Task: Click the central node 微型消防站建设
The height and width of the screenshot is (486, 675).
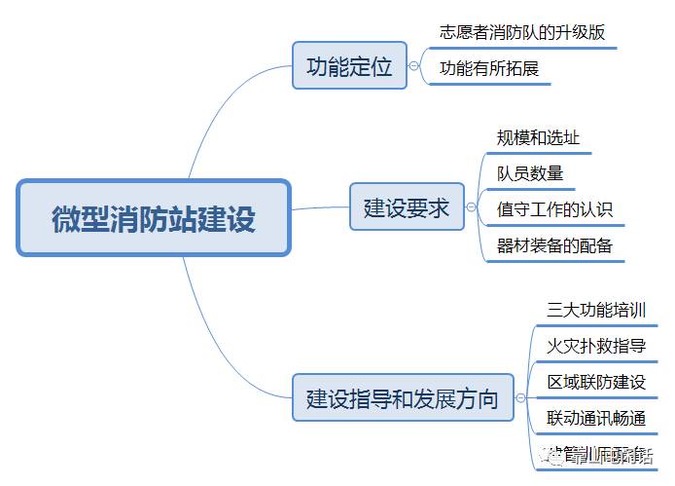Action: (154, 217)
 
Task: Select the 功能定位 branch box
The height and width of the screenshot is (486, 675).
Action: (349, 66)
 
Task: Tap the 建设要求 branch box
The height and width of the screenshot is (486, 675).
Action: (407, 206)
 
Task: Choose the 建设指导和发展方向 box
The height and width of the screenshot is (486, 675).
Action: (403, 397)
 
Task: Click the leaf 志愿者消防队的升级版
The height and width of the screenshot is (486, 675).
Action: (522, 31)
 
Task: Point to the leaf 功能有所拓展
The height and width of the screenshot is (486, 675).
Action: (489, 68)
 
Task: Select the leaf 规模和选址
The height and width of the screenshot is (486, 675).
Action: (538, 138)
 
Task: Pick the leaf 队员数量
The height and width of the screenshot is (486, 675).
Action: (530, 173)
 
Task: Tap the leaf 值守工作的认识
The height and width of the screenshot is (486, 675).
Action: (554, 208)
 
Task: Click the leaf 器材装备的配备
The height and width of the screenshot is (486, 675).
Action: (554, 244)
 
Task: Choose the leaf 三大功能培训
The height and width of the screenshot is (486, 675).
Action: (596, 310)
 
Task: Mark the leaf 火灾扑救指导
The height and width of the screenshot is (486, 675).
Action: (596, 345)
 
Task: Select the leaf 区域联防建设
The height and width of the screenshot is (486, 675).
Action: (596, 382)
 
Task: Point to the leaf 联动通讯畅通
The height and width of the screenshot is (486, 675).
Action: (596, 418)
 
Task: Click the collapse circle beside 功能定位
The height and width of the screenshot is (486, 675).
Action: (414, 66)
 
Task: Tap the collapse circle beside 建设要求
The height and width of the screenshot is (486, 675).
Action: (472, 206)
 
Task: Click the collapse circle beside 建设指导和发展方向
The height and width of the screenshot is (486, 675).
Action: (520, 397)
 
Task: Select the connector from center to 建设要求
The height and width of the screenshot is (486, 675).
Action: (321, 208)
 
